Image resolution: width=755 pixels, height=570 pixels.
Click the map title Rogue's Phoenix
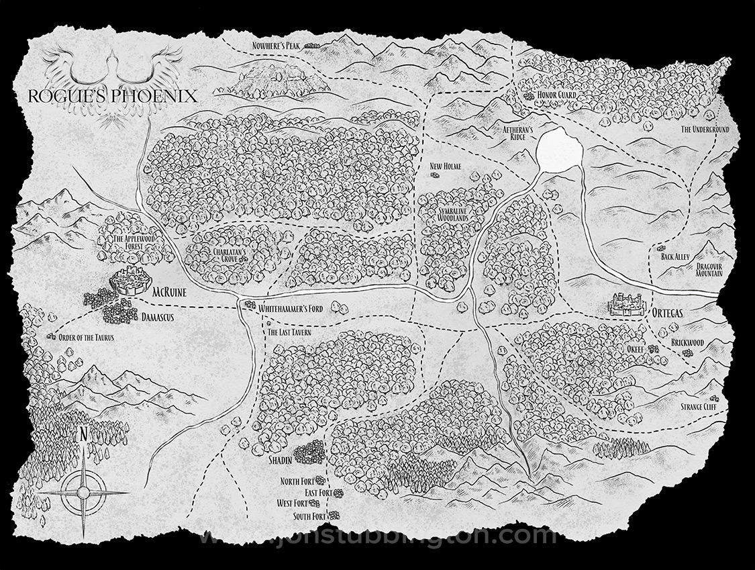click(x=112, y=95)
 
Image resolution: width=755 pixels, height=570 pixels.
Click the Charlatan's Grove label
click(x=226, y=256)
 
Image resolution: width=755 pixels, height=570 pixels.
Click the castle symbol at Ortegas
click(x=626, y=305)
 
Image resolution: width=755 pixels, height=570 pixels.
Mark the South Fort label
click(x=309, y=516)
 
